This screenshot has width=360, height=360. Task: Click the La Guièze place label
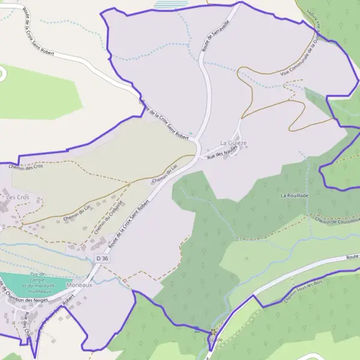pyautogui.click(x=233, y=143)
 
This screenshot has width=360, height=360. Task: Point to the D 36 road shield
pyautogui.click(x=102, y=258)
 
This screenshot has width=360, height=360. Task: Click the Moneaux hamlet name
pyautogui.click(x=80, y=286)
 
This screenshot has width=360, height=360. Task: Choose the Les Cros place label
pyautogui.click(x=17, y=197)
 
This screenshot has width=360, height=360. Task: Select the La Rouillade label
pyautogui.click(x=295, y=196)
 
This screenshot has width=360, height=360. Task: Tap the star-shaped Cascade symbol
pyautogui.click(x=212, y=330)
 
